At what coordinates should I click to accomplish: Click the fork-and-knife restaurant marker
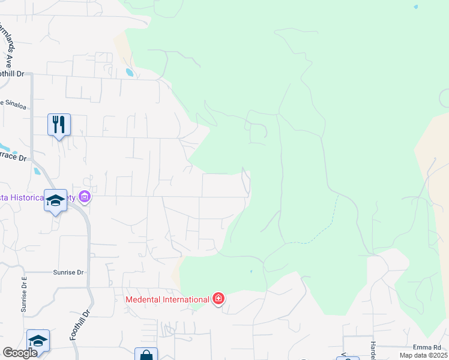coord(59,125)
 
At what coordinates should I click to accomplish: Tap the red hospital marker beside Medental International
coord(218,299)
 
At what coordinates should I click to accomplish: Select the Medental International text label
coord(167,299)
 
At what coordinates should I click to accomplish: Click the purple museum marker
coord(85,196)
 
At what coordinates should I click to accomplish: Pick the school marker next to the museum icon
coord(55,200)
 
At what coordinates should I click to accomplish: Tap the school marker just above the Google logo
coord(38,341)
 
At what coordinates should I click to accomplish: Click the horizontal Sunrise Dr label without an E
coord(68,272)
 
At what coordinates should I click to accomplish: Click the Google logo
coord(20,352)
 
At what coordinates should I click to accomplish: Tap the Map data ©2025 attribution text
coord(423,355)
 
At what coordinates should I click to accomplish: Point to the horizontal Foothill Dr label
coord(12,74)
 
